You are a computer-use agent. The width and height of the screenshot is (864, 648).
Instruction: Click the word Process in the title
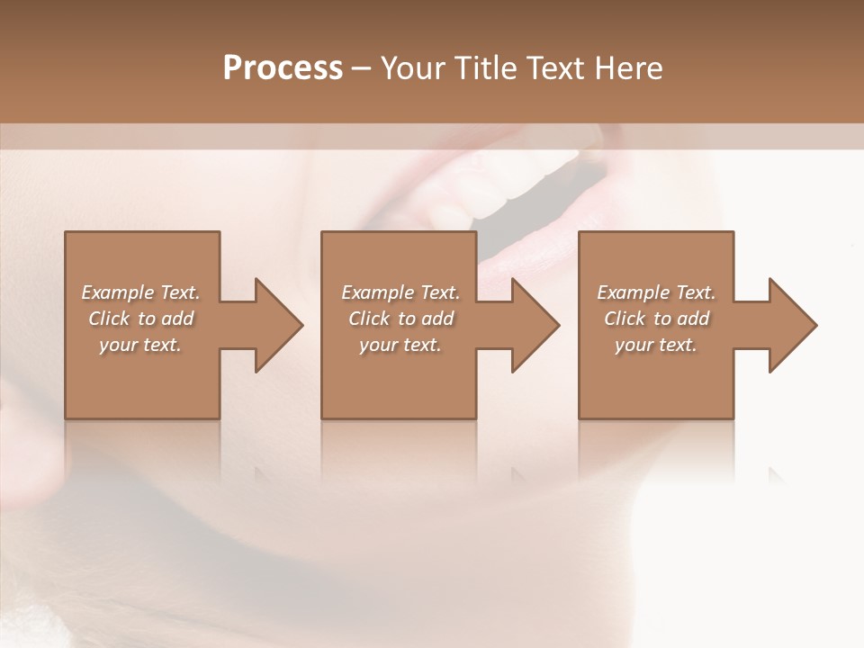tap(283, 68)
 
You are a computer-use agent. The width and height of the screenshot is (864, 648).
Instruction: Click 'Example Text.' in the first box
tap(140, 292)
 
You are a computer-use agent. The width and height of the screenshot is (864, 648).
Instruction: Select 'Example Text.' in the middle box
tap(400, 292)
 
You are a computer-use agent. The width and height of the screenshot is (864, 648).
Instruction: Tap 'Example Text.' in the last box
tap(656, 292)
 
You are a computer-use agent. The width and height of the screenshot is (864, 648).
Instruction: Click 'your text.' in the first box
tap(140, 345)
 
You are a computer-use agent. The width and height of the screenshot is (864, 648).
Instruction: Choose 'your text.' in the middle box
tap(400, 345)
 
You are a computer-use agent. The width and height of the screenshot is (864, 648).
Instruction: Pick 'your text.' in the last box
tap(656, 345)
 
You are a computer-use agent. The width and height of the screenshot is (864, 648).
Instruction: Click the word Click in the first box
tap(109, 319)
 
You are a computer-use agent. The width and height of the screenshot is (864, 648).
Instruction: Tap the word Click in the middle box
tap(369, 319)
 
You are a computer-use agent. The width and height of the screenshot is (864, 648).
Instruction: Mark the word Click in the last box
tap(625, 319)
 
